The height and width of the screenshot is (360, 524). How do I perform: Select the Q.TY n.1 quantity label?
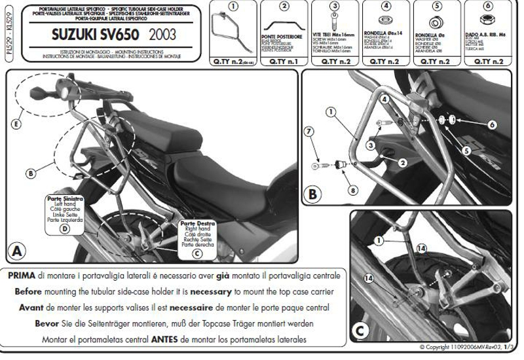click(x=284, y=61)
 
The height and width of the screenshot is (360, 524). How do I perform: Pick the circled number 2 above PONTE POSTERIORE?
click(x=284, y=7)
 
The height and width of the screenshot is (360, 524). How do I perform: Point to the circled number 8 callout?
click(x=354, y=190)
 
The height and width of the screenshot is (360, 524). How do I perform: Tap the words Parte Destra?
click(x=198, y=224)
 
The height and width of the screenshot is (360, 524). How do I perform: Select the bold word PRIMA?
click(x=22, y=276)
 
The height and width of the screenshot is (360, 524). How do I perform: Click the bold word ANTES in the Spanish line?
click(x=174, y=339)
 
